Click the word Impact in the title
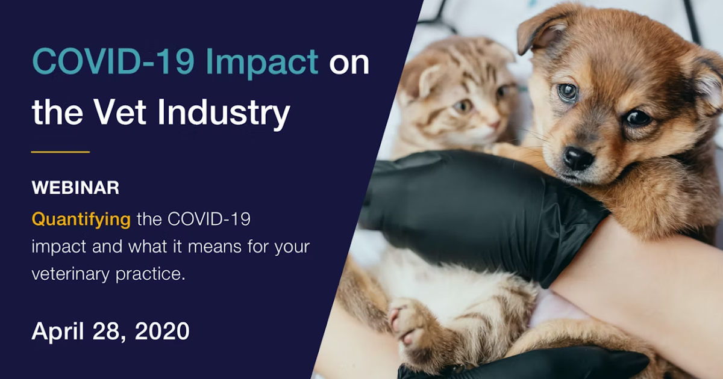(x=261, y=63)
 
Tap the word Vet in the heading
(x=120, y=111)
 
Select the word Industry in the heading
(x=224, y=114)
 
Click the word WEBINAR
(x=75, y=188)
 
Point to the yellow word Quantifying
(x=81, y=220)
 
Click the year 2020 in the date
(x=162, y=331)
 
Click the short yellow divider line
(x=60, y=152)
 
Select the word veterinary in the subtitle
(x=70, y=274)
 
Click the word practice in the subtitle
(x=150, y=274)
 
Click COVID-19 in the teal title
(x=113, y=61)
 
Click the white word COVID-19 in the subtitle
(x=209, y=220)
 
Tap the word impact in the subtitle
(x=59, y=247)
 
